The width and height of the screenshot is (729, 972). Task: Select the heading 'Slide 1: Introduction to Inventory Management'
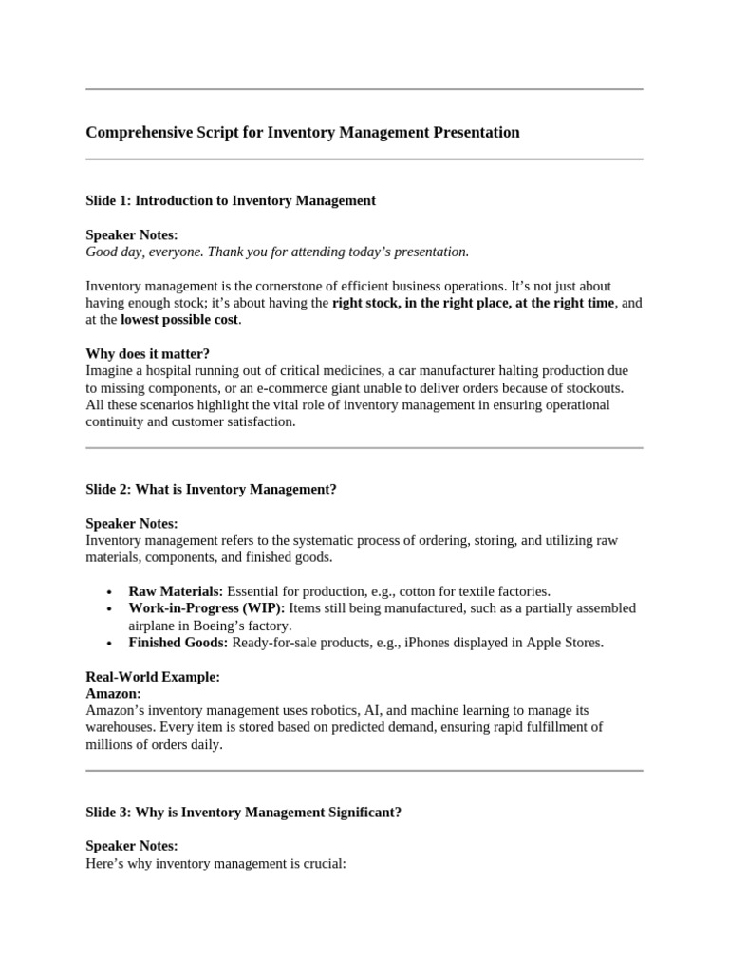231,200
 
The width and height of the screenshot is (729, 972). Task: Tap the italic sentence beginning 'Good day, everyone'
277,252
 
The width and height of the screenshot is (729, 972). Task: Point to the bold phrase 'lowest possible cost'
179,320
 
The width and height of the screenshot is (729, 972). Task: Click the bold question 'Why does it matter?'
147,354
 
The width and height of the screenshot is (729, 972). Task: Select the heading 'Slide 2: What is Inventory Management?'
211,490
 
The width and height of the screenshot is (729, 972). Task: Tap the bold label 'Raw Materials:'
176,591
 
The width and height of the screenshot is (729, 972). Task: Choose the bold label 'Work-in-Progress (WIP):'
206,608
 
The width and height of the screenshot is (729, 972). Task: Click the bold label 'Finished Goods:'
178,643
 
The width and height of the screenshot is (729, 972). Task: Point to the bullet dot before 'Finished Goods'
111,644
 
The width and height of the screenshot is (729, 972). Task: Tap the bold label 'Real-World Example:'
153,677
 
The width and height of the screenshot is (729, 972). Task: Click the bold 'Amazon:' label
113,694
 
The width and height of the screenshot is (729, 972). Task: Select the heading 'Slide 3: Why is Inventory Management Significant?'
243,813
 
